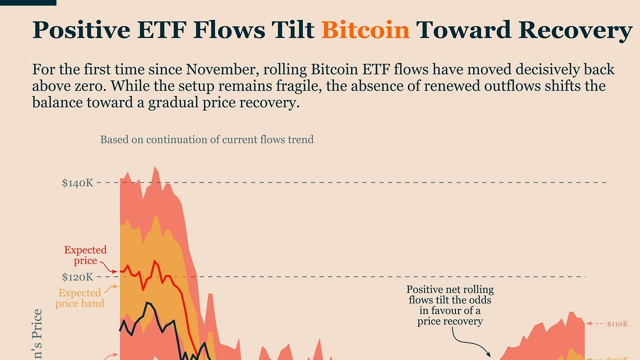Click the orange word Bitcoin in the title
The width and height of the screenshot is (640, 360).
365,30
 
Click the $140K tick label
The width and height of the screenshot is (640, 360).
78,183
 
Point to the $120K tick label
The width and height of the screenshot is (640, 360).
78,277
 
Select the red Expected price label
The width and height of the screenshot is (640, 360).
85,255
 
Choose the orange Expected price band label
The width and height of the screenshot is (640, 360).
80,298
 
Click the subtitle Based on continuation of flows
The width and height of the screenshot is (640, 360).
207,140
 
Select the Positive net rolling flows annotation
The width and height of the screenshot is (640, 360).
450,306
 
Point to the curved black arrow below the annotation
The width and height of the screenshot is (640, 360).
469,341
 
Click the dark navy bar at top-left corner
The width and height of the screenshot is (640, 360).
28,3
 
